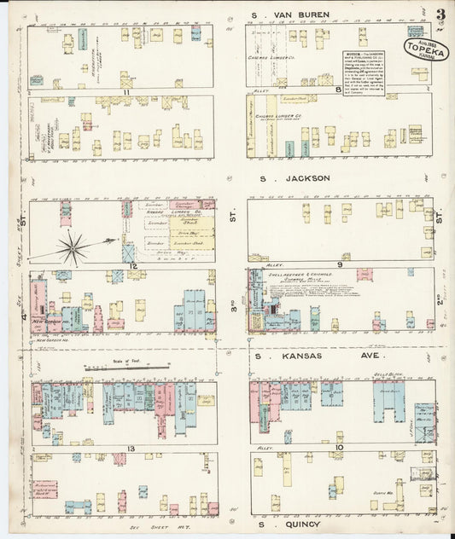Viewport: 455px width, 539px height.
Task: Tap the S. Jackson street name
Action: [295, 178]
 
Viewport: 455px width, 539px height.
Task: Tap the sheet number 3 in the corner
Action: [440, 14]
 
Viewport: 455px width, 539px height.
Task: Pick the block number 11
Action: [125, 91]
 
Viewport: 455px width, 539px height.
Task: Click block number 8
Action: [338, 88]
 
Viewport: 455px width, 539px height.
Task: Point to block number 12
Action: [132, 266]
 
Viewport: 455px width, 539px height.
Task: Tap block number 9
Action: [339, 264]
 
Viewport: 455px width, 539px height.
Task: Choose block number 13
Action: [130, 448]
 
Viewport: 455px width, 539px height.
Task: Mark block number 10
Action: [339, 447]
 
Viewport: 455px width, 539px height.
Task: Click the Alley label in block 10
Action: [265, 447]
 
